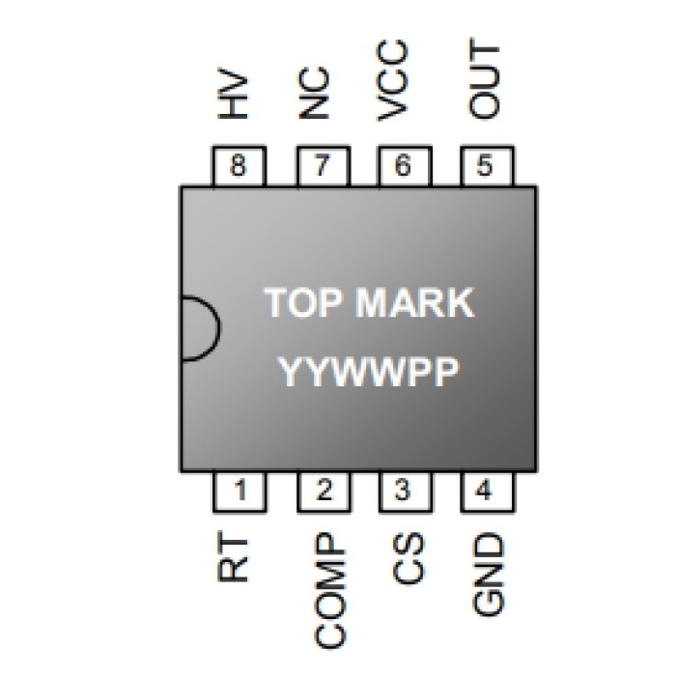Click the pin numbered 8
pos(238,167)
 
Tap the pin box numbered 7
pos(322,167)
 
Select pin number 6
pos(404,167)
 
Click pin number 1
pos(238,492)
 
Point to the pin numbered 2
pos(322,492)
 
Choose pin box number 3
pos(404,492)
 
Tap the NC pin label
pos(316,94)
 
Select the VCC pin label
pos(398,81)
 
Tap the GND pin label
pos(489,575)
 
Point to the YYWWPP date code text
pos(368,371)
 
